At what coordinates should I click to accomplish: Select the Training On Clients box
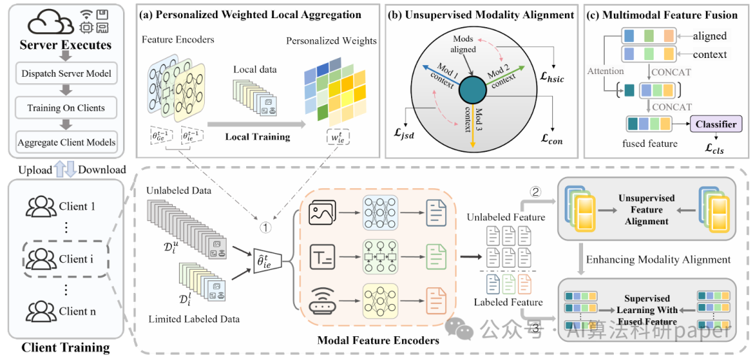[x=67, y=108]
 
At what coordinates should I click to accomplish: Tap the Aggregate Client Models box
[x=67, y=142]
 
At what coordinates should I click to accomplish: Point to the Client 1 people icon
[x=41, y=207]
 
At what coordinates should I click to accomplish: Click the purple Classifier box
[x=715, y=124]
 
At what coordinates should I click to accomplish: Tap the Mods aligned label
[x=463, y=45]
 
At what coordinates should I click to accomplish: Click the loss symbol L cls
[x=715, y=149]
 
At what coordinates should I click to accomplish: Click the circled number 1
[x=266, y=226]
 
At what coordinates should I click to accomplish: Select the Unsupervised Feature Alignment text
[x=647, y=209]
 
